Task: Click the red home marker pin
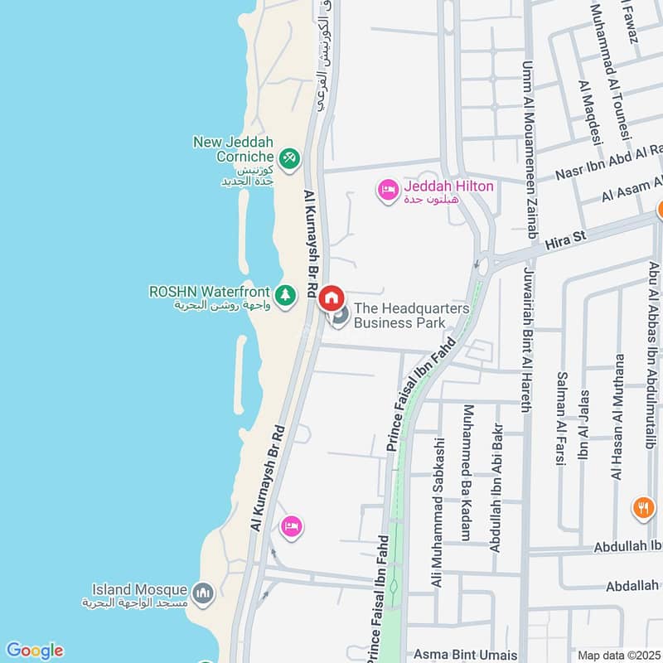click(x=331, y=297)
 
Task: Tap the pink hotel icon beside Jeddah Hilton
click(x=387, y=191)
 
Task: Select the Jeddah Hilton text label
click(x=448, y=186)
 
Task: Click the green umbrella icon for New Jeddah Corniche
click(x=288, y=157)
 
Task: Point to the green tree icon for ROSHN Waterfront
click(x=285, y=295)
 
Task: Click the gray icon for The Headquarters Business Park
click(x=338, y=317)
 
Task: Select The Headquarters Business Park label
click(x=411, y=316)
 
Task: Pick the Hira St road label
click(x=566, y=239)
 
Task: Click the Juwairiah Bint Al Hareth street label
click(x=525, y=339)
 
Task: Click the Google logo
click(x=34, y=651)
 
